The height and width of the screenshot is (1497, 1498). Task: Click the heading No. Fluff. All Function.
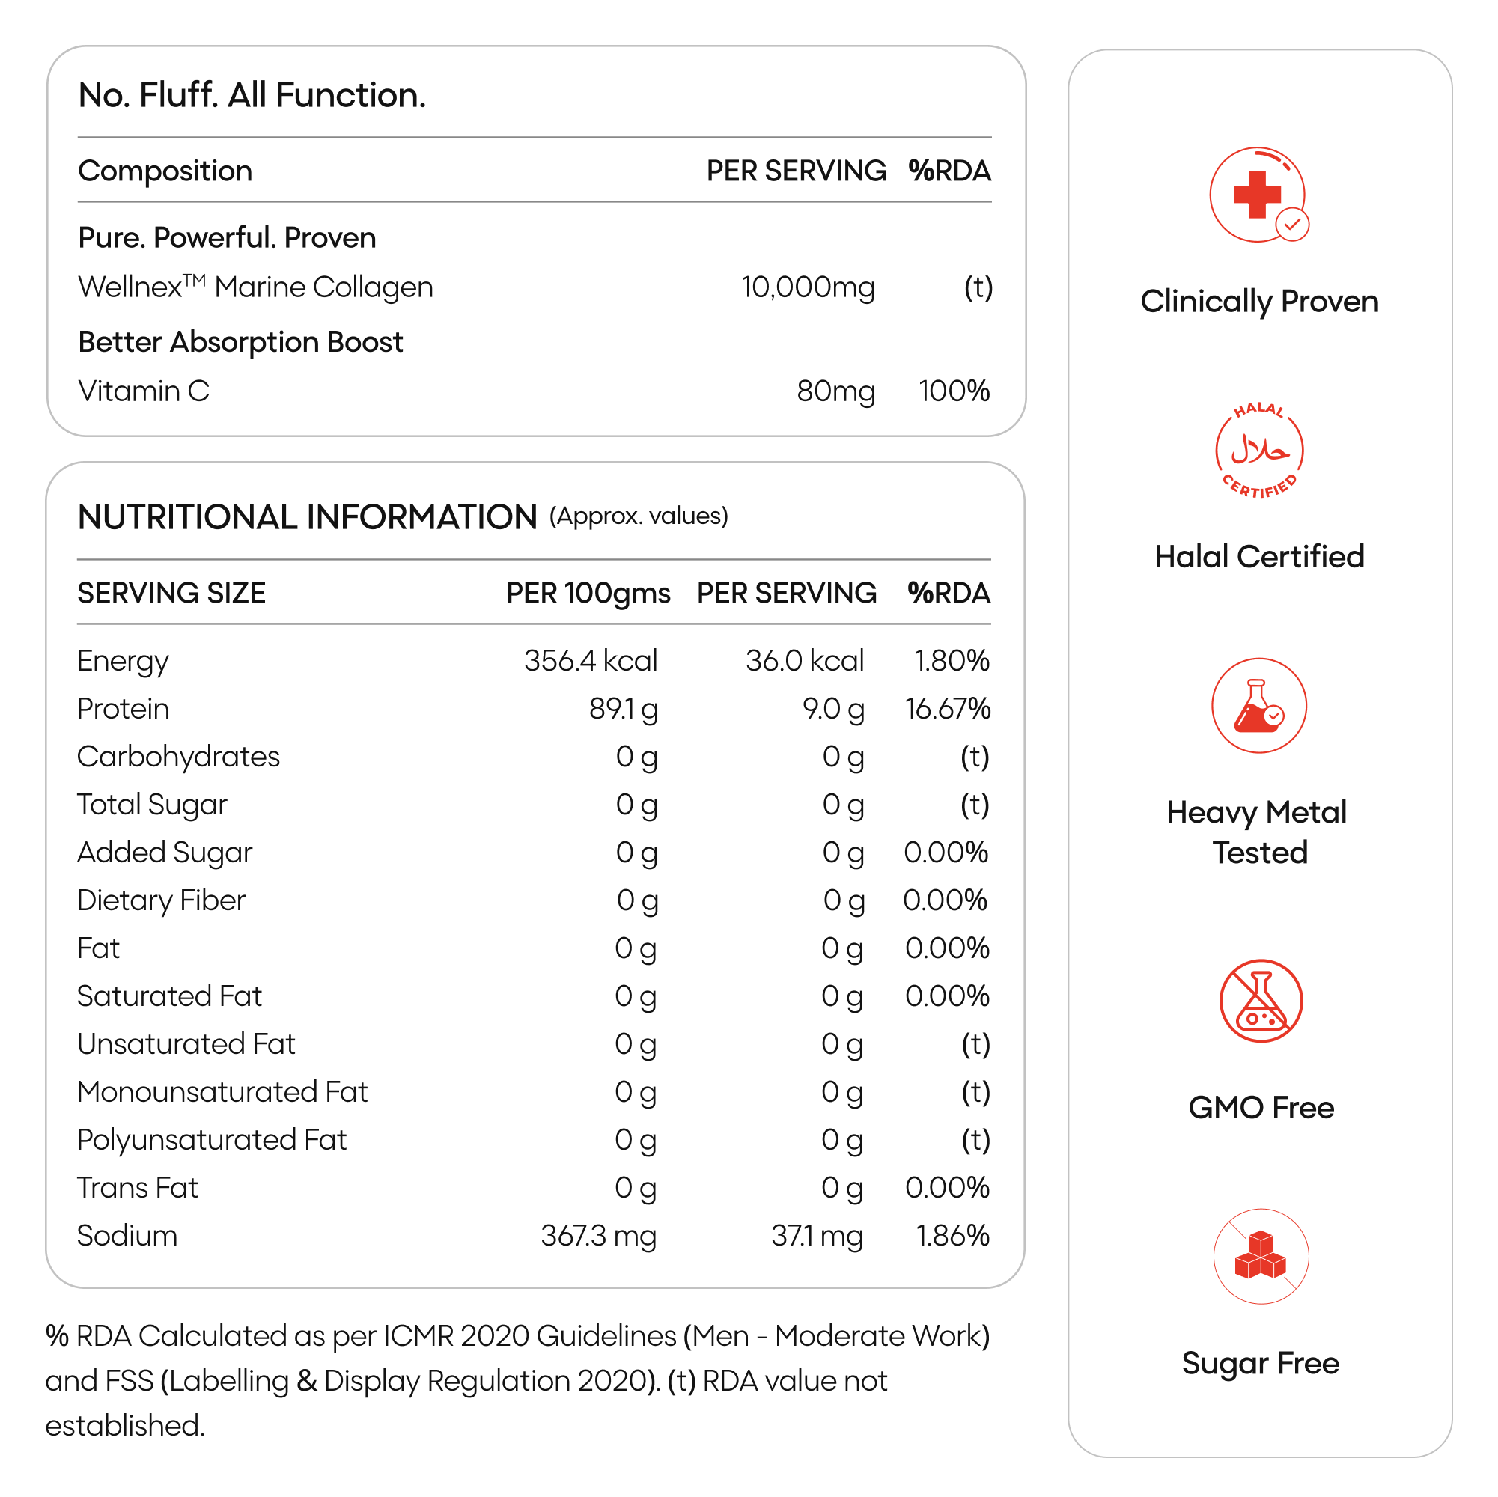[252, 95]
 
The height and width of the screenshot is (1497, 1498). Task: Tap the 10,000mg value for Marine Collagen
[807, 287]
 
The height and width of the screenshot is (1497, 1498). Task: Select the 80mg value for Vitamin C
[835, 391]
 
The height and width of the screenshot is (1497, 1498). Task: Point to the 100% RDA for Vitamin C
[954, 391]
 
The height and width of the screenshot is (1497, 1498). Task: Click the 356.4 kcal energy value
[590, 660]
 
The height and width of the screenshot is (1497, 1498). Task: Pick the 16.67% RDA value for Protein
[947, 709]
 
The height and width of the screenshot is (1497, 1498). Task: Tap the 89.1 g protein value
[623, 709]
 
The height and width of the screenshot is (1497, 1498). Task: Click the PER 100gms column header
[588, 593]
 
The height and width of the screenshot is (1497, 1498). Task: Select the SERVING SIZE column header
[171, 593]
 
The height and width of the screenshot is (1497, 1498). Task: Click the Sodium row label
[127, 1236]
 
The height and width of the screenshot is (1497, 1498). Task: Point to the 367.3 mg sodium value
[598, 1236]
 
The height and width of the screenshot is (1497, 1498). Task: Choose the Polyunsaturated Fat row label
[212, 1140]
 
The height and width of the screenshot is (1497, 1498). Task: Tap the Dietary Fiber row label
[161, 900]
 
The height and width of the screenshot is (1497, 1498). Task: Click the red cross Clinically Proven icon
[1258, 195]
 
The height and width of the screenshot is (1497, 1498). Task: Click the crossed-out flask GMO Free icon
[1261, 1001]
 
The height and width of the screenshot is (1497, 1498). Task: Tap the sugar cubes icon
[1261, 1256]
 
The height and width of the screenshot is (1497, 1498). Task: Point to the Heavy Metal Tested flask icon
[1258, 706]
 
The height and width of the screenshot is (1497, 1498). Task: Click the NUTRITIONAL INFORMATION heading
[307, 517]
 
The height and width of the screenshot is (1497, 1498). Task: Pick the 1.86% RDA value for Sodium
[952, 1236]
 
